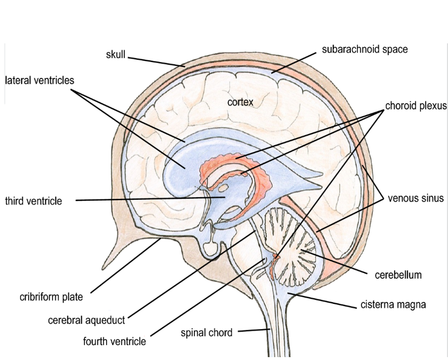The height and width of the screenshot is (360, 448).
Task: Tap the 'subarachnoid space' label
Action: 365,50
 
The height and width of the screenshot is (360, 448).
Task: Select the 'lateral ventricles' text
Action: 40,80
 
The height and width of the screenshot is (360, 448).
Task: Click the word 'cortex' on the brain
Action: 240,102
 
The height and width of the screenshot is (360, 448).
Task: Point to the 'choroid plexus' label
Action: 416,106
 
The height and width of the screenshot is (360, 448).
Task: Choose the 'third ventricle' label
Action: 33,201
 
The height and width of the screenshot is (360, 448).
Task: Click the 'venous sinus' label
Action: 415,199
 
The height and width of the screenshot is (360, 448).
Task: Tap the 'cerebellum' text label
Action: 398,275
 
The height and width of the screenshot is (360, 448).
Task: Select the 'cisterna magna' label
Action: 393,305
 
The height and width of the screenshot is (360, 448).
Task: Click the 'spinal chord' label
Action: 207,332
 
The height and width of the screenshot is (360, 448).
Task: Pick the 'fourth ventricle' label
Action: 114,342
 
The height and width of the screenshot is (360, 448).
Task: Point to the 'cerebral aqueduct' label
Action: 86,320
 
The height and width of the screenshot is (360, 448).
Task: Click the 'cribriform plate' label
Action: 51,297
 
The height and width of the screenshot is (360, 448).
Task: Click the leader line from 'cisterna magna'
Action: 322,300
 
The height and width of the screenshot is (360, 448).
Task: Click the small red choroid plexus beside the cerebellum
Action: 274,264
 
